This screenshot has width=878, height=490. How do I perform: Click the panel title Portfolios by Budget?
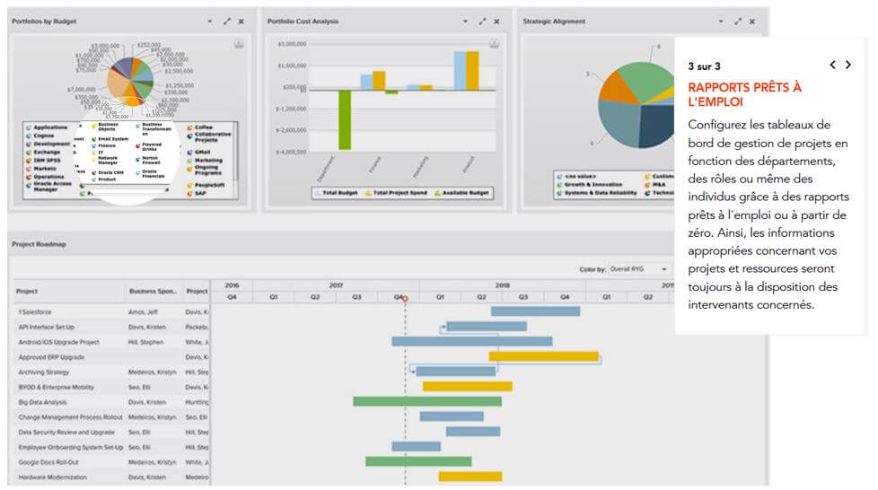[43, 21]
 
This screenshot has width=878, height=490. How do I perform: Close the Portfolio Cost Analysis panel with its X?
[496, 22]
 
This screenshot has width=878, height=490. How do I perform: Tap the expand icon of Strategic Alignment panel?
[738, 22]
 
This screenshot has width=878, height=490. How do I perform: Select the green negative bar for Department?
[344, 119]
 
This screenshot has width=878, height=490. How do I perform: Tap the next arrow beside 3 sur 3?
[848, 66]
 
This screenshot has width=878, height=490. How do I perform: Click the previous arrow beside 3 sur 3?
[832, 66]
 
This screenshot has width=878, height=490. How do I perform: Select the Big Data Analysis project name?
[43, 402]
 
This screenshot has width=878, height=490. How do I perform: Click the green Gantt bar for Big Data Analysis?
[426, 402]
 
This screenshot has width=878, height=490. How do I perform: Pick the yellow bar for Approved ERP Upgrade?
[543, 356]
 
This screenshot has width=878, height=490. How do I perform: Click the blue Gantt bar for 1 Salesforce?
[535, 311]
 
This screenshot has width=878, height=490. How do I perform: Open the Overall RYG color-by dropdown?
[640, 268]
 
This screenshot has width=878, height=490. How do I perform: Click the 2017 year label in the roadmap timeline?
[336, 285]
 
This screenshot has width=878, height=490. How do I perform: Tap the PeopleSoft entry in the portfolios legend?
[209, 185]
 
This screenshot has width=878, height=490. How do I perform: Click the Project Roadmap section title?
[40, 243]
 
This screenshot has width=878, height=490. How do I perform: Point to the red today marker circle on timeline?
[405, 298]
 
